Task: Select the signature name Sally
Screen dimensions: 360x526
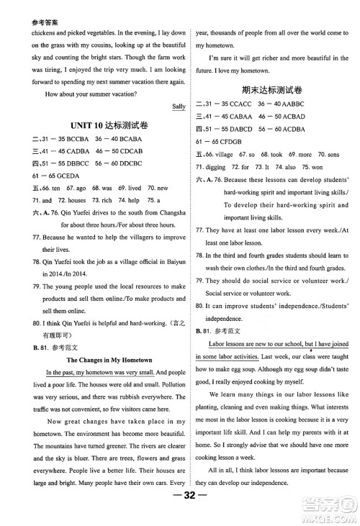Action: pyautogui.click(x=180, y=106)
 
